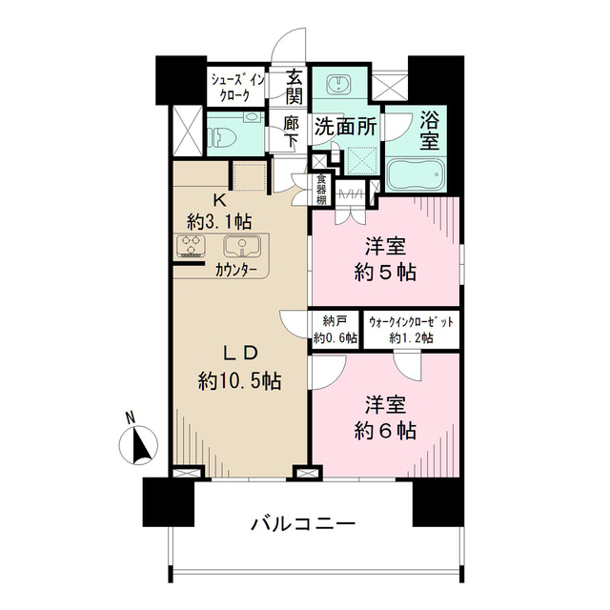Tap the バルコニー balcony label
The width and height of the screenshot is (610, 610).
[304, 523]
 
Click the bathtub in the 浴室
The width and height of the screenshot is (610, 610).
[416, 176]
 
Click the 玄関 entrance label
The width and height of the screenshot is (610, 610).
[294, 87]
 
